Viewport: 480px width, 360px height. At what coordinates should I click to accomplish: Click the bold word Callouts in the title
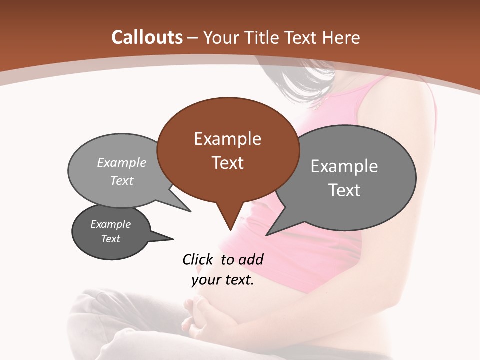(x=147, y=37)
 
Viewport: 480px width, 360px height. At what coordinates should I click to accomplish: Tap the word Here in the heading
(x=339, y=37)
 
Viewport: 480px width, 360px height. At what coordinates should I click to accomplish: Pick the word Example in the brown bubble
(x=228, y=139)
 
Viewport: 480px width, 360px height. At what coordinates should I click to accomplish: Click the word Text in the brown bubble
(x=228, y=163)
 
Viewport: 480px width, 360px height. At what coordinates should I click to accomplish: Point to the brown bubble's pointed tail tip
(x=230, y=230)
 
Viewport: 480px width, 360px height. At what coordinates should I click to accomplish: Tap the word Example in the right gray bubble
(x=344, y=166)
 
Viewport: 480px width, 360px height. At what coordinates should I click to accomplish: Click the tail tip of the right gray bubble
(x=267, y=234)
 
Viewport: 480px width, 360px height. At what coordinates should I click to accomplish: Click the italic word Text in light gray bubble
(x=122, y=180)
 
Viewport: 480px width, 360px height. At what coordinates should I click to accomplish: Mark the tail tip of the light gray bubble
(x=190, y=211)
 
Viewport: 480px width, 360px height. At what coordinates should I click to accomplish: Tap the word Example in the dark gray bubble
(x=111, y=224)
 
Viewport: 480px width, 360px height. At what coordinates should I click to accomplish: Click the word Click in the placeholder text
(x=198, y=259)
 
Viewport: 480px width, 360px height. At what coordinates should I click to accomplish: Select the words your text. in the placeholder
(x=223, y=280)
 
